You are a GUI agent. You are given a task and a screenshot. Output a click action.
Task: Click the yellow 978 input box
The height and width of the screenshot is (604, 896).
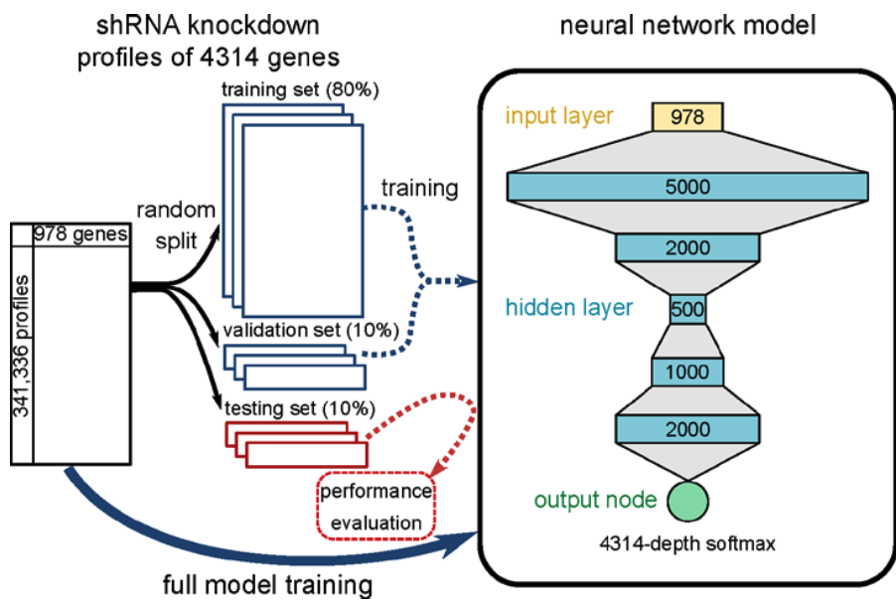(x=686, y=117)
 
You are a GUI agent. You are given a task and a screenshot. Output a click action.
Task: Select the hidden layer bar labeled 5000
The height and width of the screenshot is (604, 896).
(x=687, y=187)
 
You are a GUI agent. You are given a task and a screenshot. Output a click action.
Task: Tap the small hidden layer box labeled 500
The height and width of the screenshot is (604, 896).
(x=687, y=309)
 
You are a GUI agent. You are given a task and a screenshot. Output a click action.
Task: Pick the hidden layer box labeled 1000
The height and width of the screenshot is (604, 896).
(x=687, y=372)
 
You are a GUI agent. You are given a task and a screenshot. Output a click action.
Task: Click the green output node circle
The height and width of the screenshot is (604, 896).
(x=687, y=500)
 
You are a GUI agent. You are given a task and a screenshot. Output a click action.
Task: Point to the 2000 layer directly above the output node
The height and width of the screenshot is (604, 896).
(x=687, y=429)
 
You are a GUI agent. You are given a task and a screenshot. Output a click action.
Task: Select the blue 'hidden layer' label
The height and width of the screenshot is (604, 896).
(x=568, y=308)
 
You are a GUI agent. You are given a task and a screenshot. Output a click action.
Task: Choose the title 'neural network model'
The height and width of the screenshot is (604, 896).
(x=687, y=23)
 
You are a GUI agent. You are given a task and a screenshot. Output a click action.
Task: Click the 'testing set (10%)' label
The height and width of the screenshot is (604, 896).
(x=297, y=407)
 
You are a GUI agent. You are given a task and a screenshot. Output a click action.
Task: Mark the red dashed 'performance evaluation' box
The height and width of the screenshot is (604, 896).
(x=374, y=507)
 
